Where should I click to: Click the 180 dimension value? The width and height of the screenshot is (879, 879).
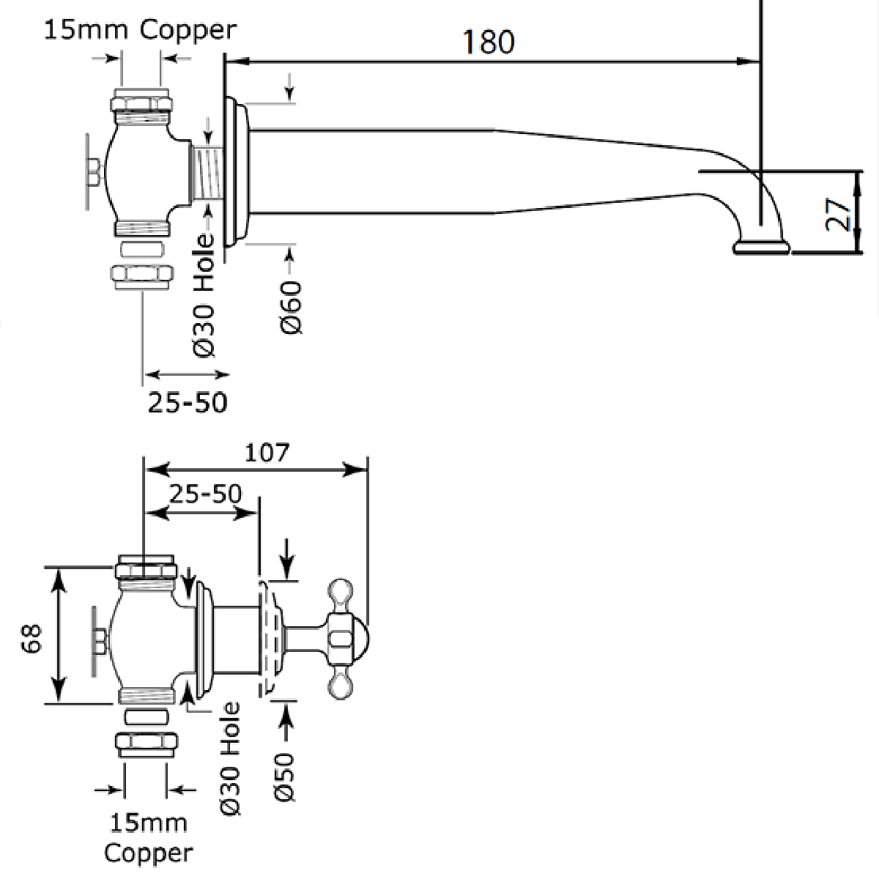489,42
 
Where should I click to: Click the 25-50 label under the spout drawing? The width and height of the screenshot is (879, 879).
188,401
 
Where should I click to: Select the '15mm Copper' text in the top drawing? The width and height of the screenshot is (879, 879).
141,30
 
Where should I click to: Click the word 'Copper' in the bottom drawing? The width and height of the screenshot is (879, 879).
149,853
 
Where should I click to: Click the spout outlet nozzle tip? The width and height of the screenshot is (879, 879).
762,248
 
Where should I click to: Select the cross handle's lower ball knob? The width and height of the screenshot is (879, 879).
341,687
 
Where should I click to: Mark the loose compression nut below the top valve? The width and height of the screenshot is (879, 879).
141,277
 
